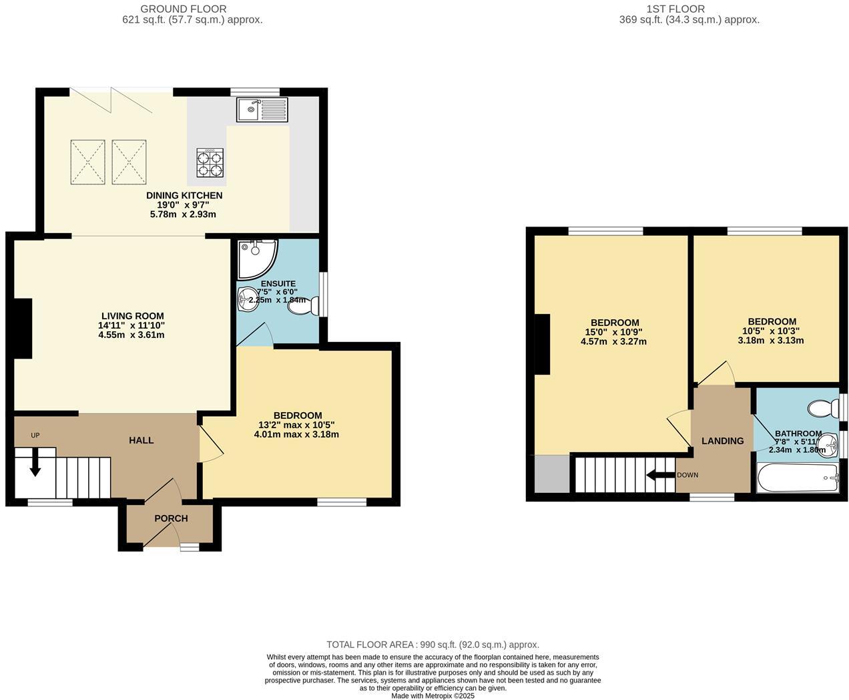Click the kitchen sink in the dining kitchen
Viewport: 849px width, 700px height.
click(262, 109)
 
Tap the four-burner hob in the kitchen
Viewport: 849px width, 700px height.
click(210, 162)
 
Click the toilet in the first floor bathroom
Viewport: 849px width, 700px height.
click(822, 407)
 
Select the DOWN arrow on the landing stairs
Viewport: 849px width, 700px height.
click(660, 476)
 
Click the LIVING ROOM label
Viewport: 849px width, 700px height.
click(132, 316)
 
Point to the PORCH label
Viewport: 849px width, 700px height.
click(171, 518)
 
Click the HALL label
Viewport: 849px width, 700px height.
click(141, 440)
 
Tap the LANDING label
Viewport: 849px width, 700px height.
click(722, 441)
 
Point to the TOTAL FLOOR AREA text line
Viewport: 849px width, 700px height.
click(433, 645)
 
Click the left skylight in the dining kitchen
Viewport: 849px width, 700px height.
click(87, 160)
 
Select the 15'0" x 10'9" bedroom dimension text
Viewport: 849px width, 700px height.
click(613, 332)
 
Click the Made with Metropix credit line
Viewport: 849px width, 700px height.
click(433, 695)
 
